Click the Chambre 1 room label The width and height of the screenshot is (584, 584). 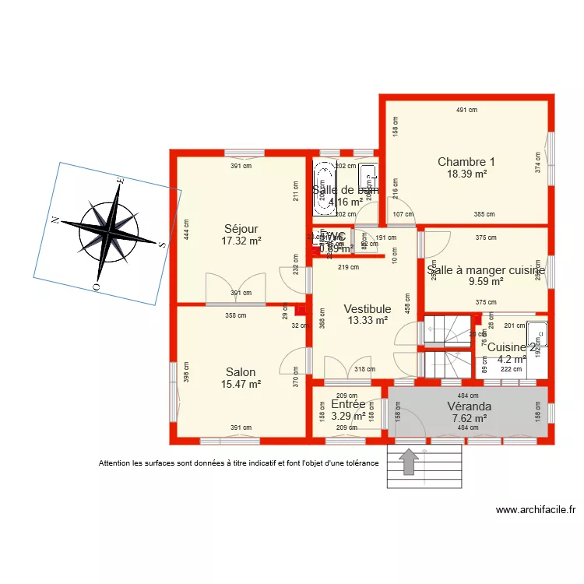tap(466, 162)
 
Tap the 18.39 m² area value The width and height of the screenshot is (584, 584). tap(466, 174)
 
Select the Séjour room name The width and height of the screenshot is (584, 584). tap(241, 229)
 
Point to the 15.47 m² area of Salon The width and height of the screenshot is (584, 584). tap(241, 384)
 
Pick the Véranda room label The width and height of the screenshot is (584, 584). tap(469, 406)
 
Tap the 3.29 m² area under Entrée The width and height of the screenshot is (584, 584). tap(348, 416)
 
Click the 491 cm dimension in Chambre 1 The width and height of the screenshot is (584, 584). tap(466, 110)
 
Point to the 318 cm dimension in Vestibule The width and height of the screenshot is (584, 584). tap(364, 370)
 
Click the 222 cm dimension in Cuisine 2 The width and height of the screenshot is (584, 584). tap(511, 369)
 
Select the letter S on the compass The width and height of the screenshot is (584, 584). tap(161, 244)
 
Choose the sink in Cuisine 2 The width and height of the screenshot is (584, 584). tap(537, 336)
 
